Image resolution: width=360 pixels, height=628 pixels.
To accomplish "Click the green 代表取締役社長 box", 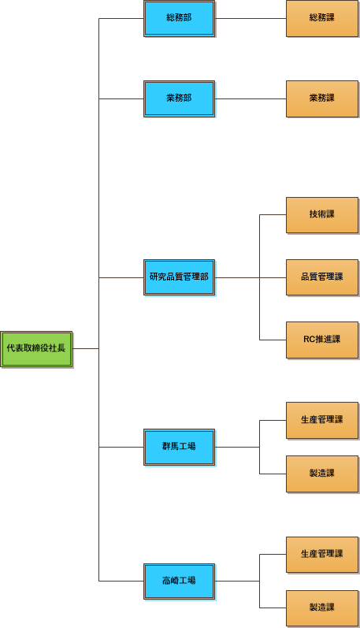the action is click(36, 349).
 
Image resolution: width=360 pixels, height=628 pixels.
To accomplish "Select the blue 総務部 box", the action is click(180, 19).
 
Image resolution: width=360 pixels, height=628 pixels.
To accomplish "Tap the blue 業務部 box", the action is click(180, 99).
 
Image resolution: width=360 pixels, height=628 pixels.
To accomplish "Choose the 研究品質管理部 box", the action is click(180, 277).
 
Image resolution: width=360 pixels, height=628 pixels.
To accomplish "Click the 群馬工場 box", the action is click(180, 447).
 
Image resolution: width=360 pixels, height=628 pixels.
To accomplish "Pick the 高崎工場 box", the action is click(180, 582).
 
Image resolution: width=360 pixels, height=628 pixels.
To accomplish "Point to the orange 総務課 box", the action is click(322, 19).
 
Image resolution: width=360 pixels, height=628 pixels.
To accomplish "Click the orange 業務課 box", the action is click(322, 99).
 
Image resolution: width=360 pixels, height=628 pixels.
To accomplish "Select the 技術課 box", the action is click(322, 215).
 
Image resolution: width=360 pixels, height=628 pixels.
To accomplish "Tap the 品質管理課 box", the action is click(322, 277).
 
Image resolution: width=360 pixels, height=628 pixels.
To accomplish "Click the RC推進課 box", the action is click(322, 340).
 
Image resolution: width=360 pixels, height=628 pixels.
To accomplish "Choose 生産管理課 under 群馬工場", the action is click(322, 421).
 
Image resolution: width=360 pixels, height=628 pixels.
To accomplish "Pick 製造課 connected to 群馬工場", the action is click(322, 474).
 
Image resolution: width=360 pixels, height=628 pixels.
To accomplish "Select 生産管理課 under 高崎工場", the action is click(322, 555).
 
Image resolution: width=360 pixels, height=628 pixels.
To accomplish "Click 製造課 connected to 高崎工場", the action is click(322, 608).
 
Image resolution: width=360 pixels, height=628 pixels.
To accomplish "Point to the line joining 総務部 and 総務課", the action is click(251, 18).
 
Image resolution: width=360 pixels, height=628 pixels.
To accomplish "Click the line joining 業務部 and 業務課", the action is click(251, 99).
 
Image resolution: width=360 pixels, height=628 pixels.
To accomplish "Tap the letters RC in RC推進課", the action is click(309, 340).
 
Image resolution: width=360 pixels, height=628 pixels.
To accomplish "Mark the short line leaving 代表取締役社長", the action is click(86, 349).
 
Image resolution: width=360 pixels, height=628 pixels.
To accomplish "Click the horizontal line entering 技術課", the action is click(273, 214).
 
